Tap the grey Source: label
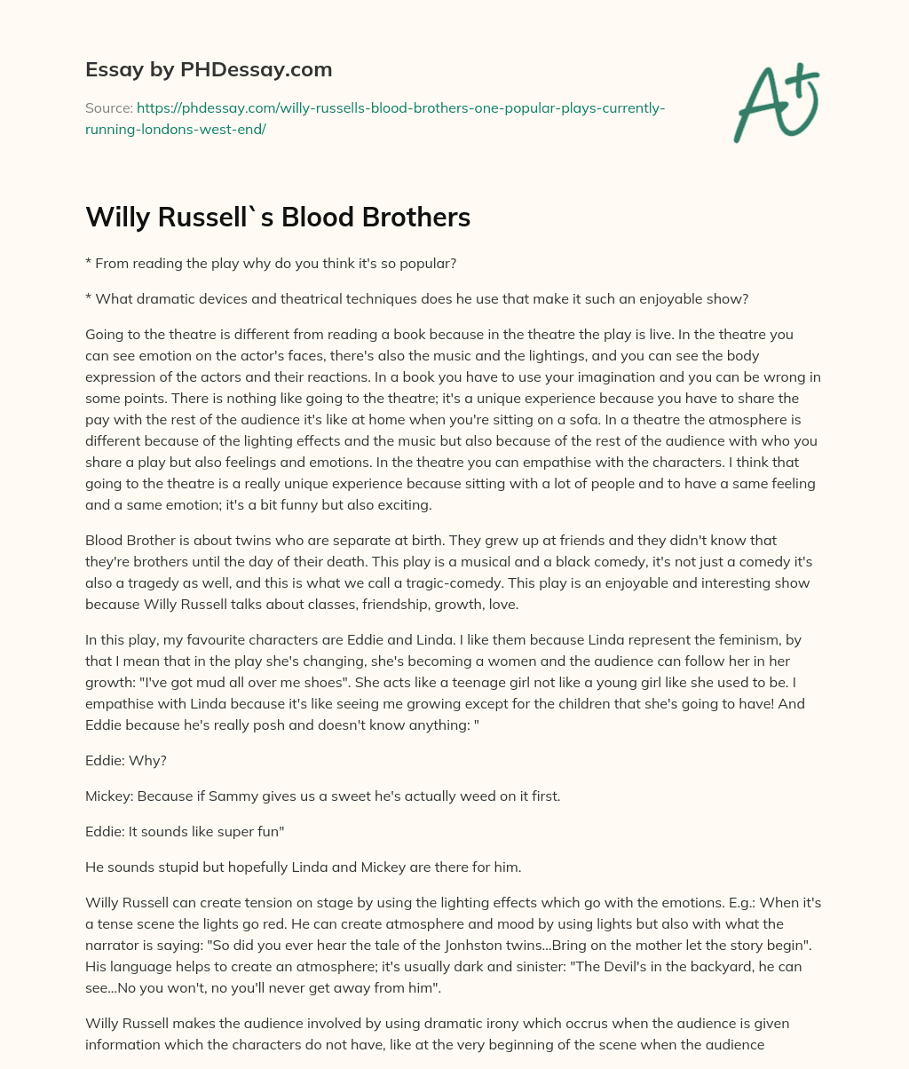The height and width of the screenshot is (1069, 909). coord(108,108)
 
